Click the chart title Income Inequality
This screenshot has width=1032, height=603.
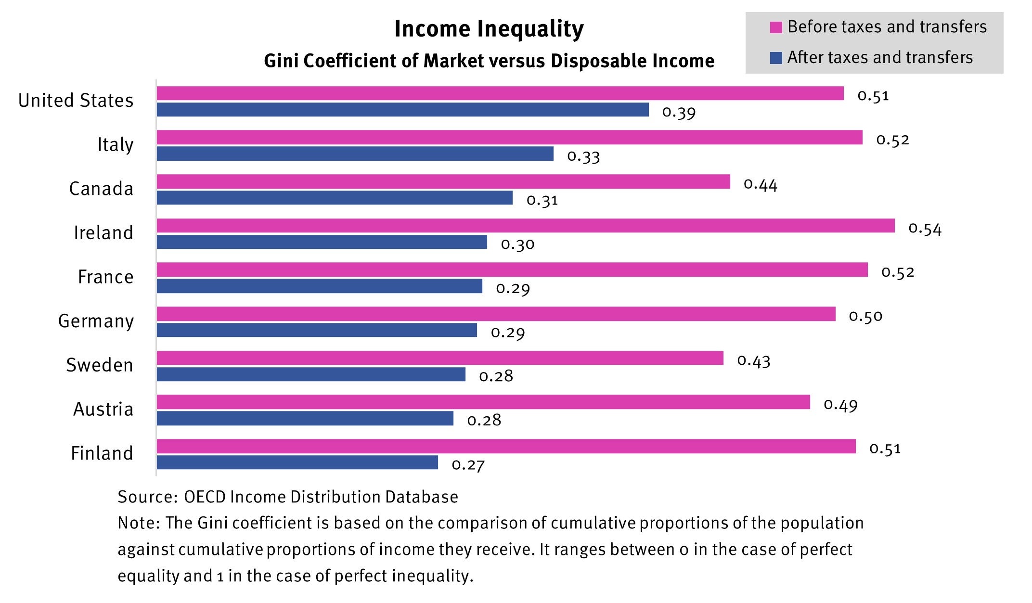click(489, 29)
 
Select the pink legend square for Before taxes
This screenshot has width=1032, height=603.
click(776, 27)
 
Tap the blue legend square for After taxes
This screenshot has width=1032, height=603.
click(776, 58)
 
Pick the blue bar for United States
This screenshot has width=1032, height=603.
click(402, 110)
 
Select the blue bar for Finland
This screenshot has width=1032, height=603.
click(297, 462)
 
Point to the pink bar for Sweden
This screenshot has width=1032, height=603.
click(439, 358)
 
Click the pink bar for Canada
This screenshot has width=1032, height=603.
click(443, 182)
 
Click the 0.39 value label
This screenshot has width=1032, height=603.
click(679, 113)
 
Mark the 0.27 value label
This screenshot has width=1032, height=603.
click(468, 465)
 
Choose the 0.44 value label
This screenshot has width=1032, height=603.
click(760, 184)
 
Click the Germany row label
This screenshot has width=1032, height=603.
click(96, 321)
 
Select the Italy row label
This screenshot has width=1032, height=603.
click(115, 144)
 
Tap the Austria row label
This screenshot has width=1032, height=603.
click(103, 409)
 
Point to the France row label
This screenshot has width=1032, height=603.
click(105, 277)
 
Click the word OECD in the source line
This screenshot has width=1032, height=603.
click(205, 497)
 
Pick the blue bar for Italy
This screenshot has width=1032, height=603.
click(355, 154)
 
